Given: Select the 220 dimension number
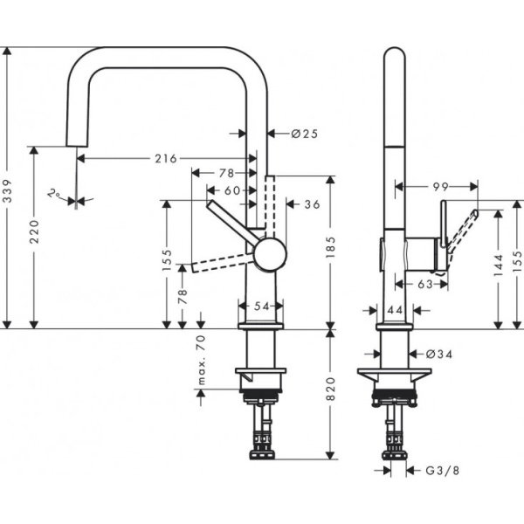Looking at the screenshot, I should click(34, 233).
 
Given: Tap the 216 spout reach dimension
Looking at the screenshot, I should click(166, 159).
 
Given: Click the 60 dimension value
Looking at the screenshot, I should click(231, 190).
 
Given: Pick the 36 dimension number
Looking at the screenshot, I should click(312, 204).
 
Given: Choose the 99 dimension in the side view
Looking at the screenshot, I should click(439, 186).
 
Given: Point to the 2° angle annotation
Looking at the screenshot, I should click(56, 194).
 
